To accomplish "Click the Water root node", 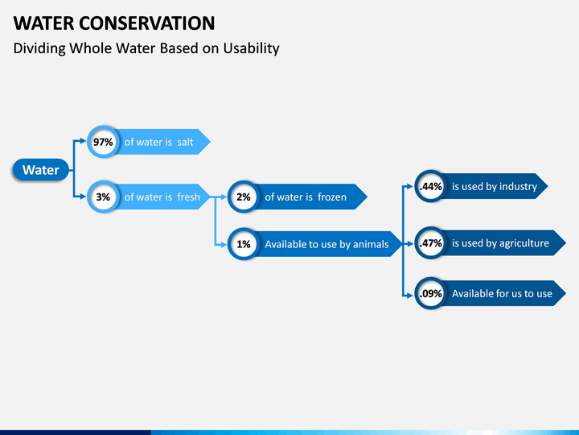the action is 41,170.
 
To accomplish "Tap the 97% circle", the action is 103,142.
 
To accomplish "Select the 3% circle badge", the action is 103,197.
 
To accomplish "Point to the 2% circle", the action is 244,197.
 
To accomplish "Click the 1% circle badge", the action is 244,244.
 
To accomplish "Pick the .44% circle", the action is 430,186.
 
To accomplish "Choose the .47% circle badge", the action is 430,243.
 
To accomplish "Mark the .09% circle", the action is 430,293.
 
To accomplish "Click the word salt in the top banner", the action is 185,142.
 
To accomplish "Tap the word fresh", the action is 189,197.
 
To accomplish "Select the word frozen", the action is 332,197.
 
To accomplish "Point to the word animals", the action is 371,244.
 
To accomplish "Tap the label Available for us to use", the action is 502,294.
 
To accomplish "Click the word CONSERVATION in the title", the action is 146,23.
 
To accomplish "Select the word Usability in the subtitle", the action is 251,48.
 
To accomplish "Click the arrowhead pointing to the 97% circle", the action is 83,141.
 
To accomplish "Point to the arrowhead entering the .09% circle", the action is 409,296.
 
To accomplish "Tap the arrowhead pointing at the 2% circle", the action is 224,197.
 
